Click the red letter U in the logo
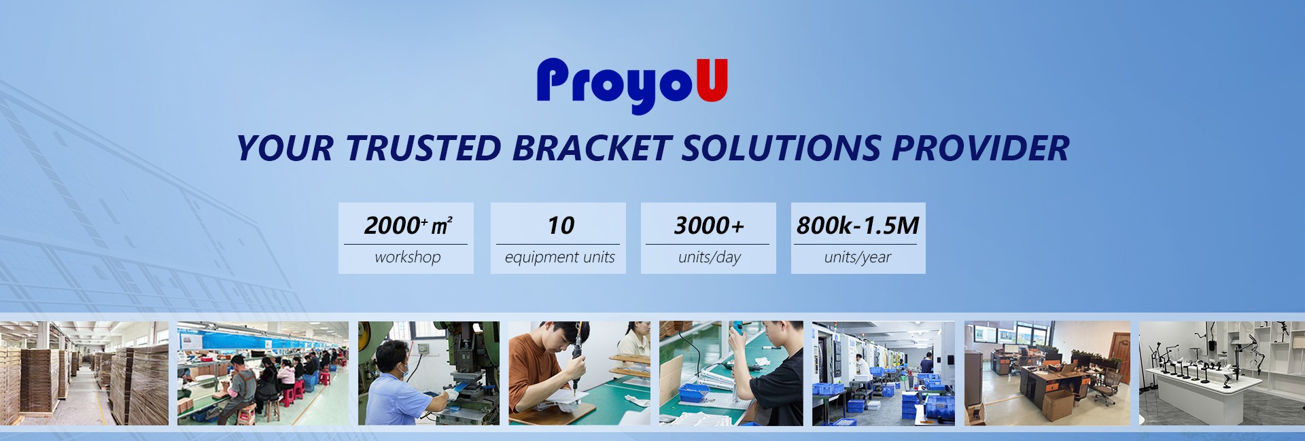tap(712, 80)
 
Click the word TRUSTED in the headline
tap(423, 148)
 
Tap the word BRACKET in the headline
tap(592, 148)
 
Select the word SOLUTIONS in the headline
tap(782, 148)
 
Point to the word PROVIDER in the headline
tap(981, 148)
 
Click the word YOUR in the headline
tap(285, 148)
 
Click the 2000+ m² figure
tap(408, 225)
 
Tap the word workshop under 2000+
tap(408, 257)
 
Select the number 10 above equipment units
tap(561, 225)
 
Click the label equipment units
tap(559, 258)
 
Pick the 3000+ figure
tap(709, 225)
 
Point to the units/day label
tap(709, 258)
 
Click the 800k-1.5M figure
tap(858, 225)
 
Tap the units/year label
tap(858, 258)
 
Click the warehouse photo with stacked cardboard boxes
tap(84, 373)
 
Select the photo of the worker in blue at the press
tap(429, 373)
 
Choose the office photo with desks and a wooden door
tap(1047, 373)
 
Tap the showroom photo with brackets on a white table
tap(1222, 373)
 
